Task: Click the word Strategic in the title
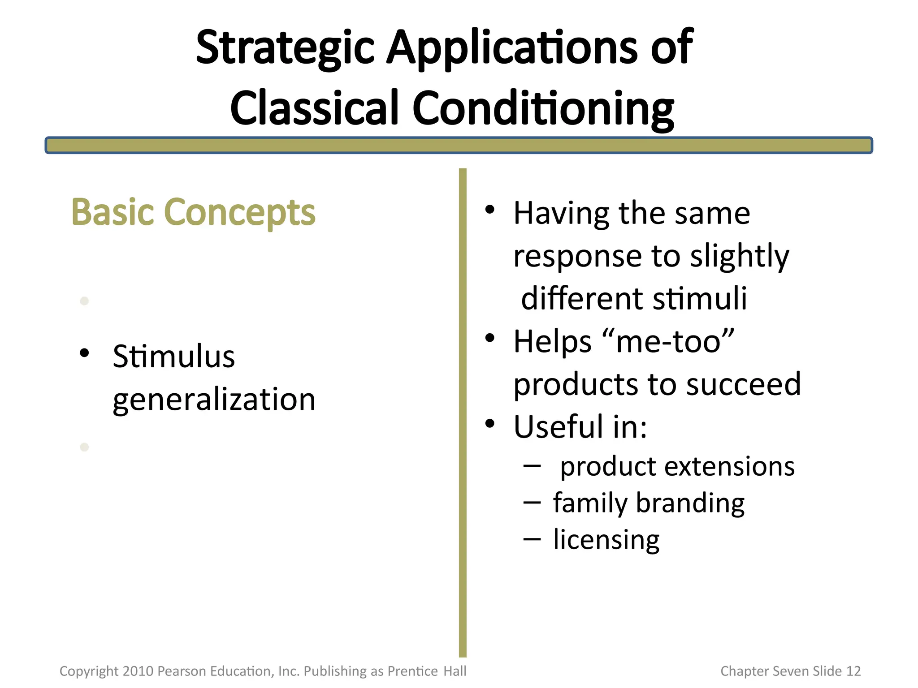coord(285,48)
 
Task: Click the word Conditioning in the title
coord(543,109)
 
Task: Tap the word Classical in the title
coord(314,109)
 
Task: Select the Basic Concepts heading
coord(193,212)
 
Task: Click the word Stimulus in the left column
coord(174,357)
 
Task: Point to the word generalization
coord(214,399)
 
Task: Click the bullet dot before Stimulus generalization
coord(84,353)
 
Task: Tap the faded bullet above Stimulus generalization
coord(84,301)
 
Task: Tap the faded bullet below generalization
coord(84,447)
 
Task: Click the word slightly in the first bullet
coord(739,256)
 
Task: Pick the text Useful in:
coord(580,427)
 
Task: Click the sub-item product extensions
coord(677,467)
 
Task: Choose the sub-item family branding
coord(649,503)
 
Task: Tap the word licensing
coord(606,540)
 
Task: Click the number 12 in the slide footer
coord(853,671)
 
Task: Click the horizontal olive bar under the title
coord(459,146)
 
